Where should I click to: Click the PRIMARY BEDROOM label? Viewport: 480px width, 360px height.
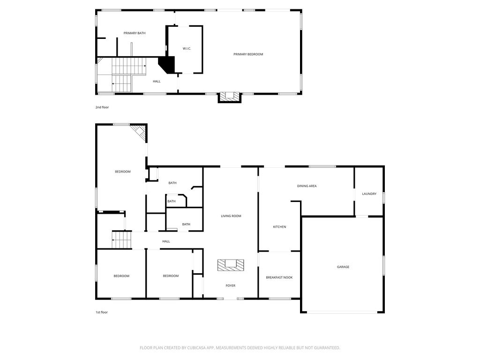click(x=248, y=54)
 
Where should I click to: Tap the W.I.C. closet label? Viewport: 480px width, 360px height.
click(x=187, y=49)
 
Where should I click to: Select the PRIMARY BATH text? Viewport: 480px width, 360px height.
click(x=135, y=33)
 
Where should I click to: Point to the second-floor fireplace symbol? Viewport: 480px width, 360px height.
click(x=230, y=97)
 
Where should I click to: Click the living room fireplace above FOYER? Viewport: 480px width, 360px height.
click(x=230, y=265)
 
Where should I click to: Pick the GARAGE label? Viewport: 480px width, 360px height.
click(x=343, y=267)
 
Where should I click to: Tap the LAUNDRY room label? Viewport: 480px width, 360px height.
click(x=369, y=194)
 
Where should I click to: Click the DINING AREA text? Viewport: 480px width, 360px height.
click(x=307, y=186)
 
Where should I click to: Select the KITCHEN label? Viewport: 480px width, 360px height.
click(x=279, y=227)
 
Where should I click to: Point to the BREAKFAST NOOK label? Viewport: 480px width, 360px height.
click(x=279, y=277)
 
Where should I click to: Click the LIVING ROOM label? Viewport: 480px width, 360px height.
click(x=231, y=216)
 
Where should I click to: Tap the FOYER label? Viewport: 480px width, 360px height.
click(x=230, y=285)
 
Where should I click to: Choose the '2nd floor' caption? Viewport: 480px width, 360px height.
click(x=102, y=107)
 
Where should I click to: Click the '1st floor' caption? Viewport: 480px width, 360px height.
click(x=101, y=312)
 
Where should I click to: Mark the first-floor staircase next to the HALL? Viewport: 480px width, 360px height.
click(x=121, y=240)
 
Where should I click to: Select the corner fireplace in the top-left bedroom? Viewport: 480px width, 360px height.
click(x=139, y=132)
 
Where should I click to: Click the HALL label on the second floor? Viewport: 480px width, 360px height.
click(x=157, y=82)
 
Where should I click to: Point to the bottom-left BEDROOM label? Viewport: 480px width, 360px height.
click(x=121, y=276)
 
